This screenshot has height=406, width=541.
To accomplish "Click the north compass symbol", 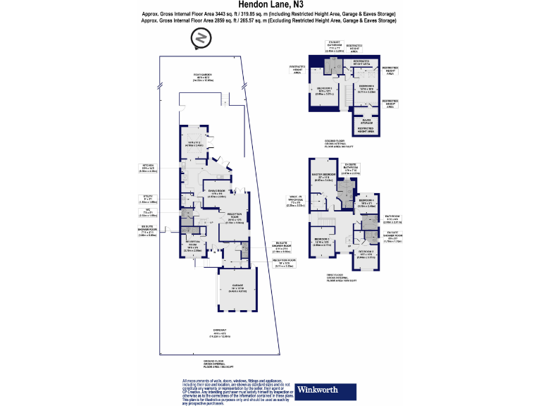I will (201, 39).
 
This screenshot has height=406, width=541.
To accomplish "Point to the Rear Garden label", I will (203, 78).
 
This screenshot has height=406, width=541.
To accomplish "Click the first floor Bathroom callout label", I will (393, 219).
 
